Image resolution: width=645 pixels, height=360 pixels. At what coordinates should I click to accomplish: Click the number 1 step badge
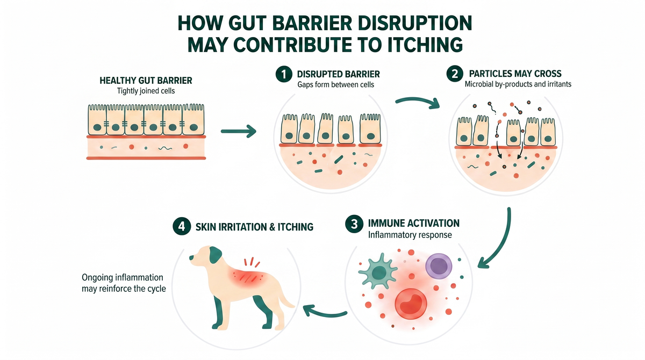point(284,74)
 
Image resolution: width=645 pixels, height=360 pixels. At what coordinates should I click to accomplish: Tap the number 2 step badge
point(455,74)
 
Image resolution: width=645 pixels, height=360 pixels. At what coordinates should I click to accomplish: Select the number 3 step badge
point(354,224)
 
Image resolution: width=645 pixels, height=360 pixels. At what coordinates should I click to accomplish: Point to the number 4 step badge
point(182,226)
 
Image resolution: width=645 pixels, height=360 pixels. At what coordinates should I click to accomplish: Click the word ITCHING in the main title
point(425,44)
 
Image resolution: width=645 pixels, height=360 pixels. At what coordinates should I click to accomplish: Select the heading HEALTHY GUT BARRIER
point(146,81)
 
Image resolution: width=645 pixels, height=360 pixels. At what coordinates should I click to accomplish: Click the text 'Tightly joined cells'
point(146,91)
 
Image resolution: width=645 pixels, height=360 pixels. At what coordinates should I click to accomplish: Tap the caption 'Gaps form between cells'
point(336,84)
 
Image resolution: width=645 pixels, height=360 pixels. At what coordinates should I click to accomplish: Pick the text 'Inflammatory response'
point(410,235)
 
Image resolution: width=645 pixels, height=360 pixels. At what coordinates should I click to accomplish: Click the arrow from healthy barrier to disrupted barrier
point(239,131)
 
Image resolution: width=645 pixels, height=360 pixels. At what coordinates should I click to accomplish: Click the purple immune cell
point(439,266)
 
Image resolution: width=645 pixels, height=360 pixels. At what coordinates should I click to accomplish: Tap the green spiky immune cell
point(378,271)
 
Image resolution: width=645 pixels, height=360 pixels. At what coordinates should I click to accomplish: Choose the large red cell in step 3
point(411,304)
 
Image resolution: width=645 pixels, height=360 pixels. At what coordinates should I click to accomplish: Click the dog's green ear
point(215,255)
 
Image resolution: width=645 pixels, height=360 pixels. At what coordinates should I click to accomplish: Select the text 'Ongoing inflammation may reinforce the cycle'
point(124,283)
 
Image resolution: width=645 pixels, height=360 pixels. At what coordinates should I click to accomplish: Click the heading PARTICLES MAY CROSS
point(515,74)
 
